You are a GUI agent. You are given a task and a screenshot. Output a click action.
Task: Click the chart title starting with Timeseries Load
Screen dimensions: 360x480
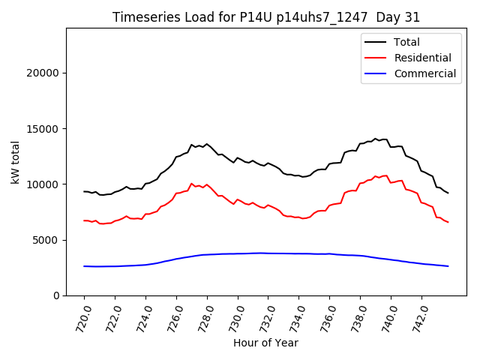(x=266, y=17)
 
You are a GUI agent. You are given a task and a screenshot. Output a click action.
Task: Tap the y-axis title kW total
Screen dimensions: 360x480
(x=16, y=162)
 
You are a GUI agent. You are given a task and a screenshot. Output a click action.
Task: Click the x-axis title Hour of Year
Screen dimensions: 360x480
(x=266, y=343)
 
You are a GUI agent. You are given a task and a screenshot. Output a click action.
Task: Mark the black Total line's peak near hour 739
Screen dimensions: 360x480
(x=375, y=139)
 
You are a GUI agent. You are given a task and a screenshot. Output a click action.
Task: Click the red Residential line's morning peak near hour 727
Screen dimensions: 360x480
(x=192, y=183)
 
